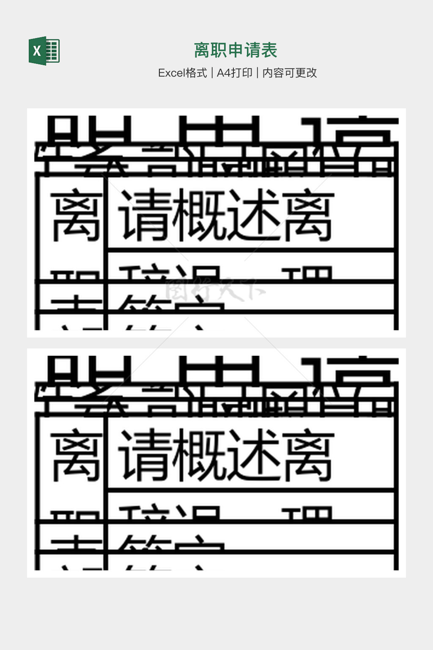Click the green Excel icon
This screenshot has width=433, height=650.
[44, 51]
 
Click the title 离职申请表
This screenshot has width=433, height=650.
[236, 50]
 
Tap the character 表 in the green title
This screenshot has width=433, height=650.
[269, 50]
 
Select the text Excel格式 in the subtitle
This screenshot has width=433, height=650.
[182, 73]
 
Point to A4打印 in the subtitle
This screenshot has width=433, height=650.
[234, 73]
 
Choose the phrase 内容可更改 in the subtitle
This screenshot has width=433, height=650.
[290, 73]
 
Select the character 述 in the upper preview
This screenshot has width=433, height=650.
[254, 215]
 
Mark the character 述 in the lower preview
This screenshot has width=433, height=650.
[254, 455]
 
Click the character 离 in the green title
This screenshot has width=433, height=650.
[202, 50]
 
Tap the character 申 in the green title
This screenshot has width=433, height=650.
[236, 50]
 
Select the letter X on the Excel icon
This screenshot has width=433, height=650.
[37, 51]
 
